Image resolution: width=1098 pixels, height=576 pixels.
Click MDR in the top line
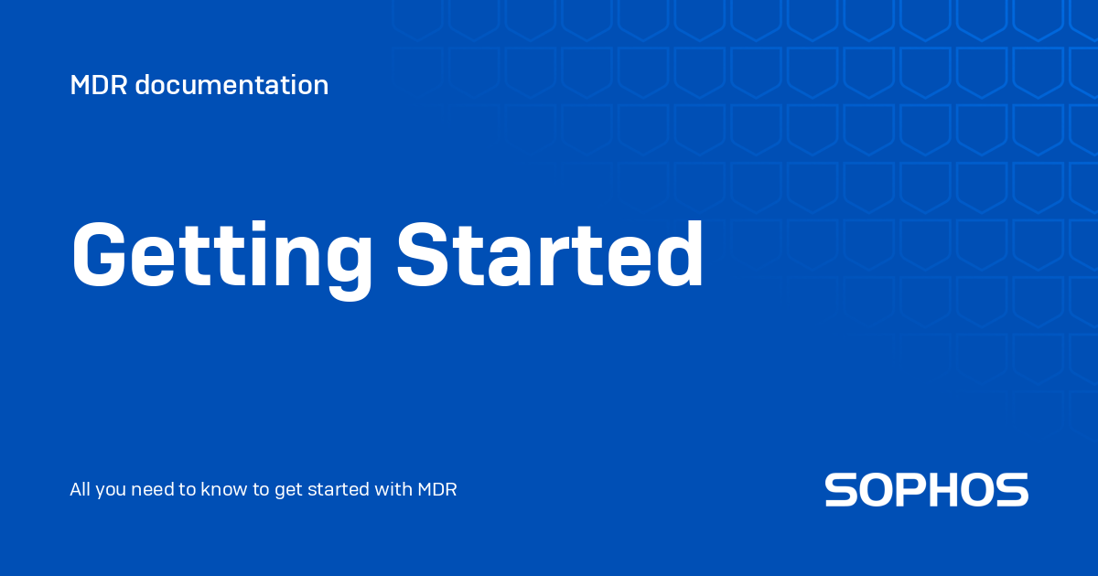[99, 85]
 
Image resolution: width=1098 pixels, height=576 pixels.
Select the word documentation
[231, 85]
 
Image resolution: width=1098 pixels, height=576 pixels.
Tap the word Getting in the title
[222, 259]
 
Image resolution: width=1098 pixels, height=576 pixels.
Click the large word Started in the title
[550, 255]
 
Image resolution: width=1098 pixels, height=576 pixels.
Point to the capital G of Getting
[99, 255]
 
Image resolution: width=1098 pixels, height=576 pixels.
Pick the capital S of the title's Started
[422, 255]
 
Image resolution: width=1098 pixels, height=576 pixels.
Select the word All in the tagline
[80, 489]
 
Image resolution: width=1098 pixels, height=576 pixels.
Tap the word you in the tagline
[111, 491]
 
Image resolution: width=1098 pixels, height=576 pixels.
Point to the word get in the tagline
[287, 491]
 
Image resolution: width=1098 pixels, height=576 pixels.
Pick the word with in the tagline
[393, 489]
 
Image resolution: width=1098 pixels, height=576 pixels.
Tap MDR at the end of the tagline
[437, 489]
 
